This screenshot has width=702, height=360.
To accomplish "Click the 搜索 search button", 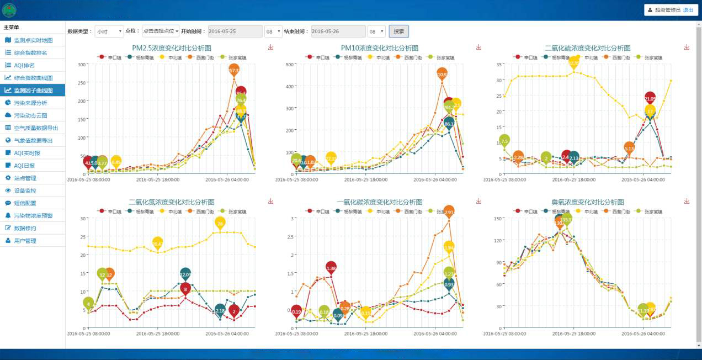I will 398,31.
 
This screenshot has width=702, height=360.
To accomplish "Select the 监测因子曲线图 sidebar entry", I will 33,90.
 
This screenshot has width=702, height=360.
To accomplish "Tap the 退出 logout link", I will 688,10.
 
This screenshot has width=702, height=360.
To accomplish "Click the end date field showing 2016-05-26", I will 338,31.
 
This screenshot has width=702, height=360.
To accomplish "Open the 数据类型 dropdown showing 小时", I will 109,31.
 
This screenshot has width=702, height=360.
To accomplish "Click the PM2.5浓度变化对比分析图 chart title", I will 172,49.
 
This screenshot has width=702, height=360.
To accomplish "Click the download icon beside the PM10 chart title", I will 478,47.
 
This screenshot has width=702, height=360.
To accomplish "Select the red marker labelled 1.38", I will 331,268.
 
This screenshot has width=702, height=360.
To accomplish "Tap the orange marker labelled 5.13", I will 629,147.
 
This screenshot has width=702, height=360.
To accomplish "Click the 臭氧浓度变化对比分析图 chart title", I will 587,203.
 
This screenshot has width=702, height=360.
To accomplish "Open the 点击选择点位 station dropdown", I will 161,31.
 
